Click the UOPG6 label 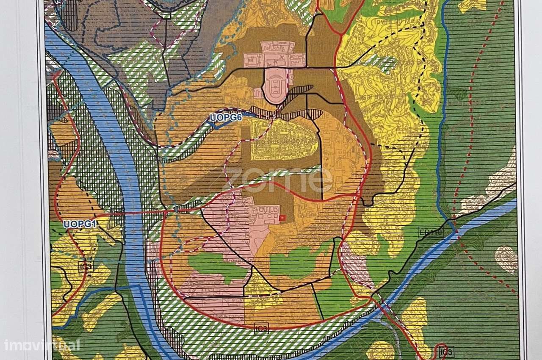click(x=226, y=118)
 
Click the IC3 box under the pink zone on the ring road click(x=261, y=328)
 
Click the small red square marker click(x=283, y=218)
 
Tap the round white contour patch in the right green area click(x=506, y=258)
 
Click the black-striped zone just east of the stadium click(x=300, y=90)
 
